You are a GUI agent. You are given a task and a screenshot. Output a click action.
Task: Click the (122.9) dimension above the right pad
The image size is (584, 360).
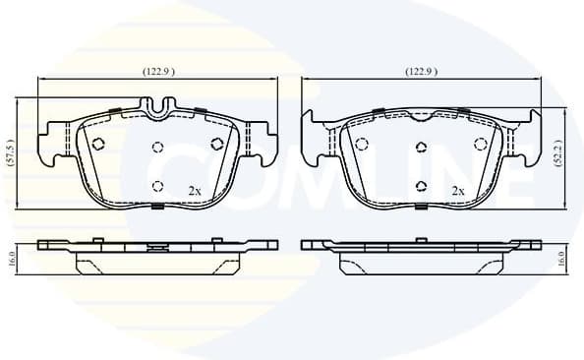point(421,72)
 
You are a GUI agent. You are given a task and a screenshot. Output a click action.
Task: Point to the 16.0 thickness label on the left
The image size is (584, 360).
point(11,259)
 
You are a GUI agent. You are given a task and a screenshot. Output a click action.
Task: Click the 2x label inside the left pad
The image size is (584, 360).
point(194,190)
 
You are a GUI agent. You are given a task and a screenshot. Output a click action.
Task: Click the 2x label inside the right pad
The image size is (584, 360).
point(457,190)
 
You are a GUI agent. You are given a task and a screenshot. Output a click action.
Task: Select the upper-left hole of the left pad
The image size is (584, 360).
point(97,144)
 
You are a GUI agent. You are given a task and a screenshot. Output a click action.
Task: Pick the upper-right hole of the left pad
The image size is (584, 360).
point(217,144)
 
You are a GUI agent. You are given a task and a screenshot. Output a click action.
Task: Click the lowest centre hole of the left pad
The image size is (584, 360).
point(157,184)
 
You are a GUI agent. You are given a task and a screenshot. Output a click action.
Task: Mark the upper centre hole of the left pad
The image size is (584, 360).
point(157,150)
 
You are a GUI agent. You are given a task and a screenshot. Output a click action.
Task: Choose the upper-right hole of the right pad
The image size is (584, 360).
point(482,144)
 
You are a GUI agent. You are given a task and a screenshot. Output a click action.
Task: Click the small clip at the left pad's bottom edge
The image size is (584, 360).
point(157,207)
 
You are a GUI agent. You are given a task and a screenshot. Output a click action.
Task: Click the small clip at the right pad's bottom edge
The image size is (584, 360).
point(421,207)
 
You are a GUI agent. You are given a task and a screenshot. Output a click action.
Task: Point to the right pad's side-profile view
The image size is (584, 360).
point(421,255)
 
